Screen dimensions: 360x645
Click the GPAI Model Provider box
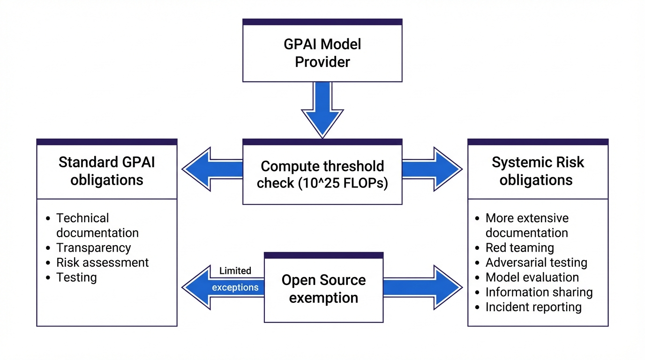click(322, 52)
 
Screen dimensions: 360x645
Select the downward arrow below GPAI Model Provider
click(322, 110)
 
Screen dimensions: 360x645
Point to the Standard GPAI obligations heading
click(106, 171)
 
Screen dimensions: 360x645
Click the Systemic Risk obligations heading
click(537, 171)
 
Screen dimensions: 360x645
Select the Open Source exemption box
click(323, 289)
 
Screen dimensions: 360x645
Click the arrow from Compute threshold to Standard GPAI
click(211, 169)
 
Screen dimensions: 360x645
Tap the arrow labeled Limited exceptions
click(220, 287)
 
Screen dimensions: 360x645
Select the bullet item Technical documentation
click(97, 225)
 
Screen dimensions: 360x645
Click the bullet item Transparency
click(93, 247)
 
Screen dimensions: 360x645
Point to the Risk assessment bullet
click(102, 262)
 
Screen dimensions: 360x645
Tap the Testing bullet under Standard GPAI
click(76, 277)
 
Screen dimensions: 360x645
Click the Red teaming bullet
click(519, 247)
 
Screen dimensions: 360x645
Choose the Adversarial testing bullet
click(536, 262)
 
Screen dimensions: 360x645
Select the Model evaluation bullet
click(532, 277)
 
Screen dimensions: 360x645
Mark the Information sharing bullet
click(539, 292)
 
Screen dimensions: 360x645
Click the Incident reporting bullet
click(533, 307)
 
